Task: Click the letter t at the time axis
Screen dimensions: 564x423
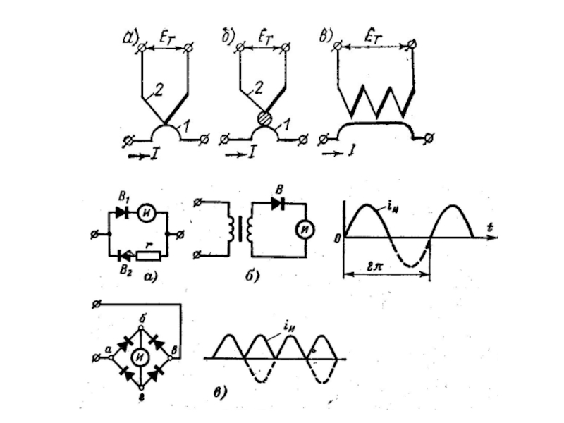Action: click(488, 228)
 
